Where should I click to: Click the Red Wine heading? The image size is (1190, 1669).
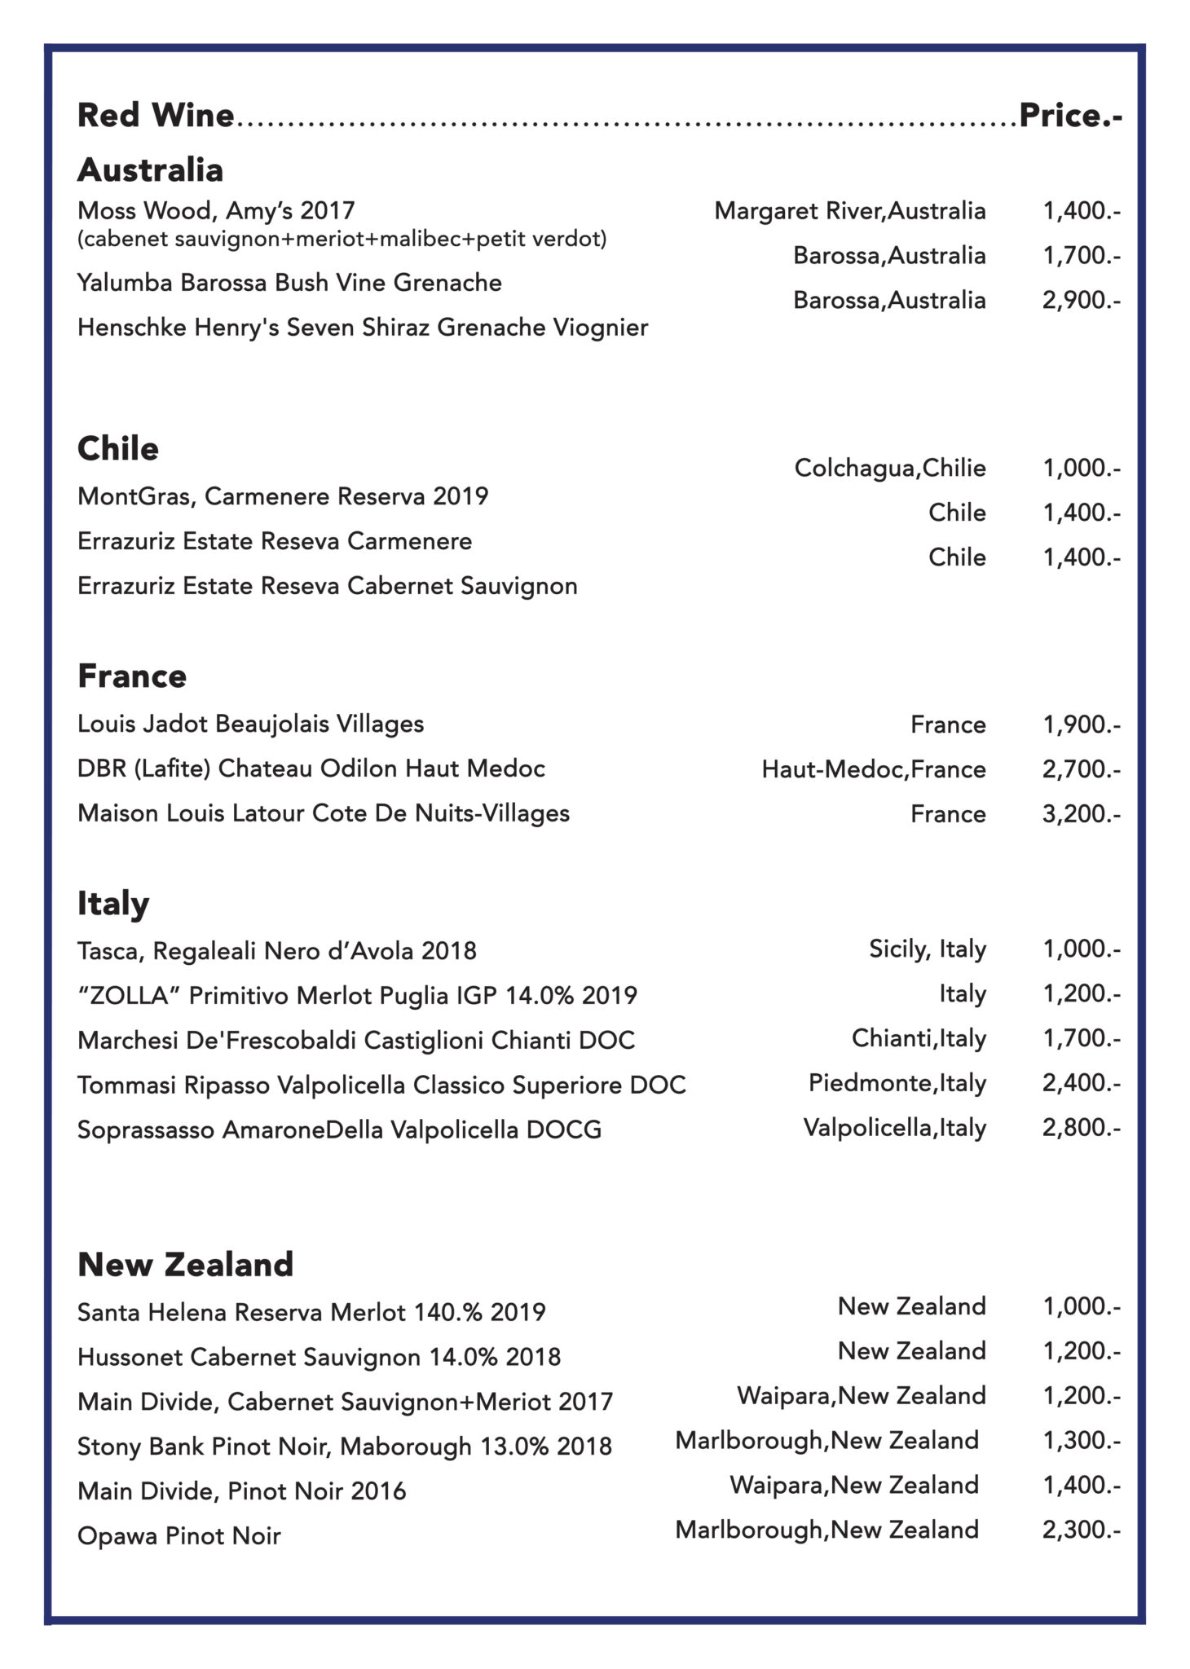coord(156,116)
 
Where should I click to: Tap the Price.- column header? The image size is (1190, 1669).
coord(1070,116)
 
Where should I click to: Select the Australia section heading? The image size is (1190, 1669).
coord(150,170)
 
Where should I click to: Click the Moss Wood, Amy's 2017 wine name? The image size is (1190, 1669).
coord(216,211)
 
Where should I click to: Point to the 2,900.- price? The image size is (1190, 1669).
coord(1081,300)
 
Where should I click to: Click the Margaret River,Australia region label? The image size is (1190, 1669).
coord(850,211)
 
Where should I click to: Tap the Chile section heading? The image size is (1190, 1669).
coord(118,448)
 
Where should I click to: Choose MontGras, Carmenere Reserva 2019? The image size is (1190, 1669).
coord(283,496)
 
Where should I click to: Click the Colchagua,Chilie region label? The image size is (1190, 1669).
coord(890,468)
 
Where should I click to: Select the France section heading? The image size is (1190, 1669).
coord(132,676)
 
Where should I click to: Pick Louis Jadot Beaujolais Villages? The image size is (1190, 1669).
coord(251,724)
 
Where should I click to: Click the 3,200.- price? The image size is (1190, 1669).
coord(1081,813)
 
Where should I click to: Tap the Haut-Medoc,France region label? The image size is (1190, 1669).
coord(874,768)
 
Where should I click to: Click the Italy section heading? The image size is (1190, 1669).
coord(113,903)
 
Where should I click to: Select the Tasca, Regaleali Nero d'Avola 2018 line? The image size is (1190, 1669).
coord(277,951)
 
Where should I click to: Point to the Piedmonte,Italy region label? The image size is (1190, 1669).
coord(897,1083)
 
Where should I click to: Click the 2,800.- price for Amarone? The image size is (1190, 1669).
coord(1081,1128)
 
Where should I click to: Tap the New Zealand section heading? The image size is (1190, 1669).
coord(185,1264)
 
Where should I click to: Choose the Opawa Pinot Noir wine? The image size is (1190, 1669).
coord(179,1536)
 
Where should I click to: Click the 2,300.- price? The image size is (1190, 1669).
coord(1081,1530)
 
